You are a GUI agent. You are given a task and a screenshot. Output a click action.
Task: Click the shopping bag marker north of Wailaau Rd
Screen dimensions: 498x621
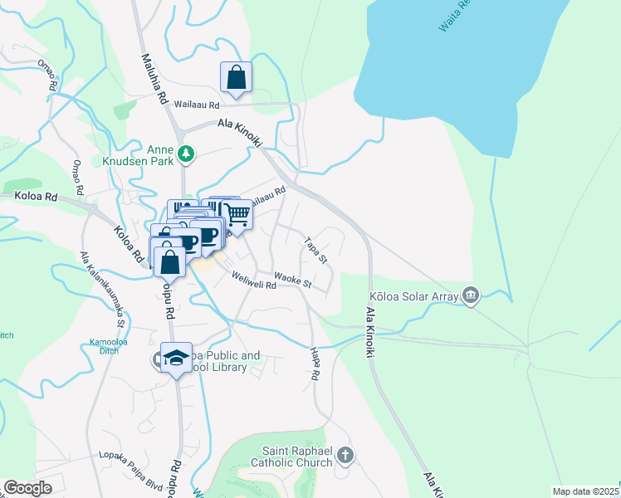click(x=236, y=78)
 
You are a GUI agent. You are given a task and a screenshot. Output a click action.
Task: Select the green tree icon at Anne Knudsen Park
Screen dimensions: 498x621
click(x=188, y=153)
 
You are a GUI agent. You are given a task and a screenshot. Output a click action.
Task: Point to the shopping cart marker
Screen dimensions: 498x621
click(x=237, y=216)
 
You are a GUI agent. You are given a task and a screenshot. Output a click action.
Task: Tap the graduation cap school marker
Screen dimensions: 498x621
click(x=176, y=358)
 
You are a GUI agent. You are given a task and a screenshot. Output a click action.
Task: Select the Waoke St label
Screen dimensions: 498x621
click(x=292, y=282)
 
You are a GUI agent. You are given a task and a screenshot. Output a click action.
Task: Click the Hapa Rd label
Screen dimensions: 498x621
click(x=315, y=364)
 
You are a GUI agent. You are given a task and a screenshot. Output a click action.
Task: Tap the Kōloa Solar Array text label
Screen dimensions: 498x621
click(x=415, y=296)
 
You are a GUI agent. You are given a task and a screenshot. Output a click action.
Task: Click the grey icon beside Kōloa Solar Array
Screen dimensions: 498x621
click(x=471, y=295)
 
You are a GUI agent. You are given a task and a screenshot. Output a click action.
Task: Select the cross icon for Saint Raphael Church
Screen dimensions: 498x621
click(x=345, y=455)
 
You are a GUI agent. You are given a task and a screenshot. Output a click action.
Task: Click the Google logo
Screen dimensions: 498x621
click(x=28, y=488)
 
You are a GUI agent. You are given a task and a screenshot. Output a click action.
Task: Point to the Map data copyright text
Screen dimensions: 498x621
click(x=586, y=491)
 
